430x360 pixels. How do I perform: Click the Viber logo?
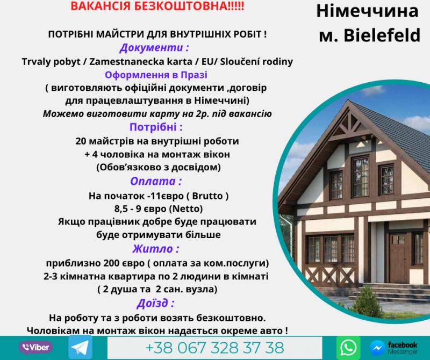pos(35,348)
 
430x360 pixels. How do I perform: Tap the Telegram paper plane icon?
pos(80,347)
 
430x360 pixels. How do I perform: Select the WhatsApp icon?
pos(348,348)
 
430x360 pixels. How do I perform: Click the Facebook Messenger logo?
pos(393,348)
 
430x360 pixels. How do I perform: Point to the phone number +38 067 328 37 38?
pos(214,348)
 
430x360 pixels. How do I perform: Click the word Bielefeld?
pos(382,35)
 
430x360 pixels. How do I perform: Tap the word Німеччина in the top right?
pos(367,11)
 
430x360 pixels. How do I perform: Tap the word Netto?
pos(185,208)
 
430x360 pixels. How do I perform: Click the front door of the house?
pos(398,258)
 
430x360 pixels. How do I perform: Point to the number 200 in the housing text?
pos(112,263)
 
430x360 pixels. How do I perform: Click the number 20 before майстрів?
pos(81,141)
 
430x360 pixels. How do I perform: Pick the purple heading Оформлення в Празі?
pos(156,75)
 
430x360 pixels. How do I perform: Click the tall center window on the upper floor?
pos(361,177)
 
